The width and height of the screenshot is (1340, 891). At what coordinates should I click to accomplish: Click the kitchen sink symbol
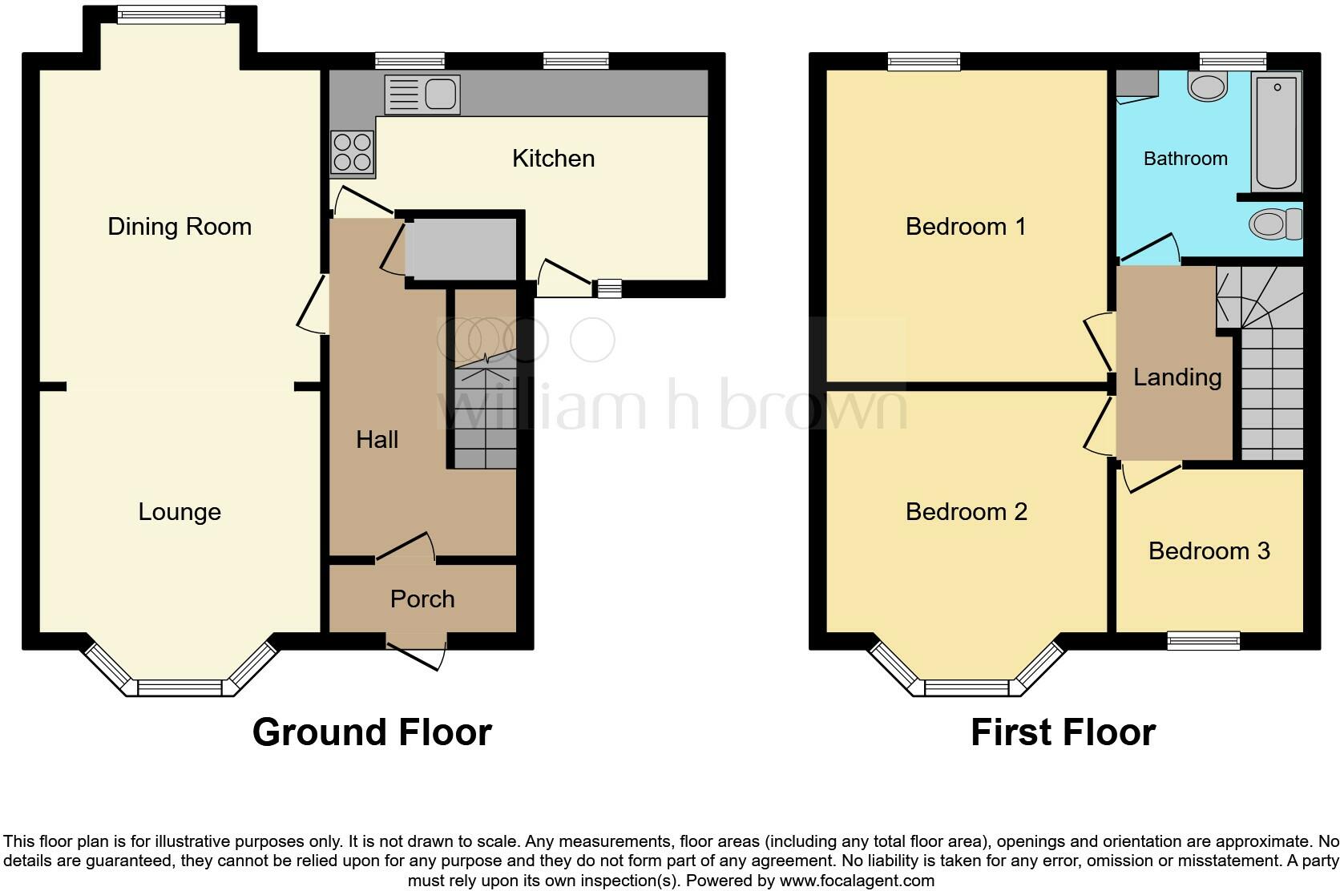(x=422, y=95)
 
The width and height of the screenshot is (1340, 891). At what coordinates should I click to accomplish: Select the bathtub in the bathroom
(x=1277, y=132)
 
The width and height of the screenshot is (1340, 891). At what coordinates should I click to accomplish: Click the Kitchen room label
(x=553, y=159)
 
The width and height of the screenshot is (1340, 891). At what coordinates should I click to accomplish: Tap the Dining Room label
(x=180, y=227)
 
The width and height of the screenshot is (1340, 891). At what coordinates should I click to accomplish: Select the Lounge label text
(x=180, y=512)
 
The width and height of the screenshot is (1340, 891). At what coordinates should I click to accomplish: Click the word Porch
(x=422, y=599)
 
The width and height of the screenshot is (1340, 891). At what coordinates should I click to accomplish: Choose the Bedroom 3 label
(x=1209, y=551)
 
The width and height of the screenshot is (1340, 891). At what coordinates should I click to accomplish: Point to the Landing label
(x=1177, y=377)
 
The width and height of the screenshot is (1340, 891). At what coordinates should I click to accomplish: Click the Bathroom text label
(x=1185, y=159)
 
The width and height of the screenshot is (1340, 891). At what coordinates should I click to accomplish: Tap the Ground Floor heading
(x=372, y=732)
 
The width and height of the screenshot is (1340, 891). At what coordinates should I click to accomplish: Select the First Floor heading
(x=1063, y=732)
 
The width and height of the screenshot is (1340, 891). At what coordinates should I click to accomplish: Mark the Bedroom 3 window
(x=1203, y=639)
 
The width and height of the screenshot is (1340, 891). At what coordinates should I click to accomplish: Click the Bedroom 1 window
(x=923, y=61)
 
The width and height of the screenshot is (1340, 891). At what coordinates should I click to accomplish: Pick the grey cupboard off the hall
(x=462, y=249)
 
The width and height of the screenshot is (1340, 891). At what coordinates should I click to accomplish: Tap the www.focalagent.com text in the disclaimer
(x=856, y=881)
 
